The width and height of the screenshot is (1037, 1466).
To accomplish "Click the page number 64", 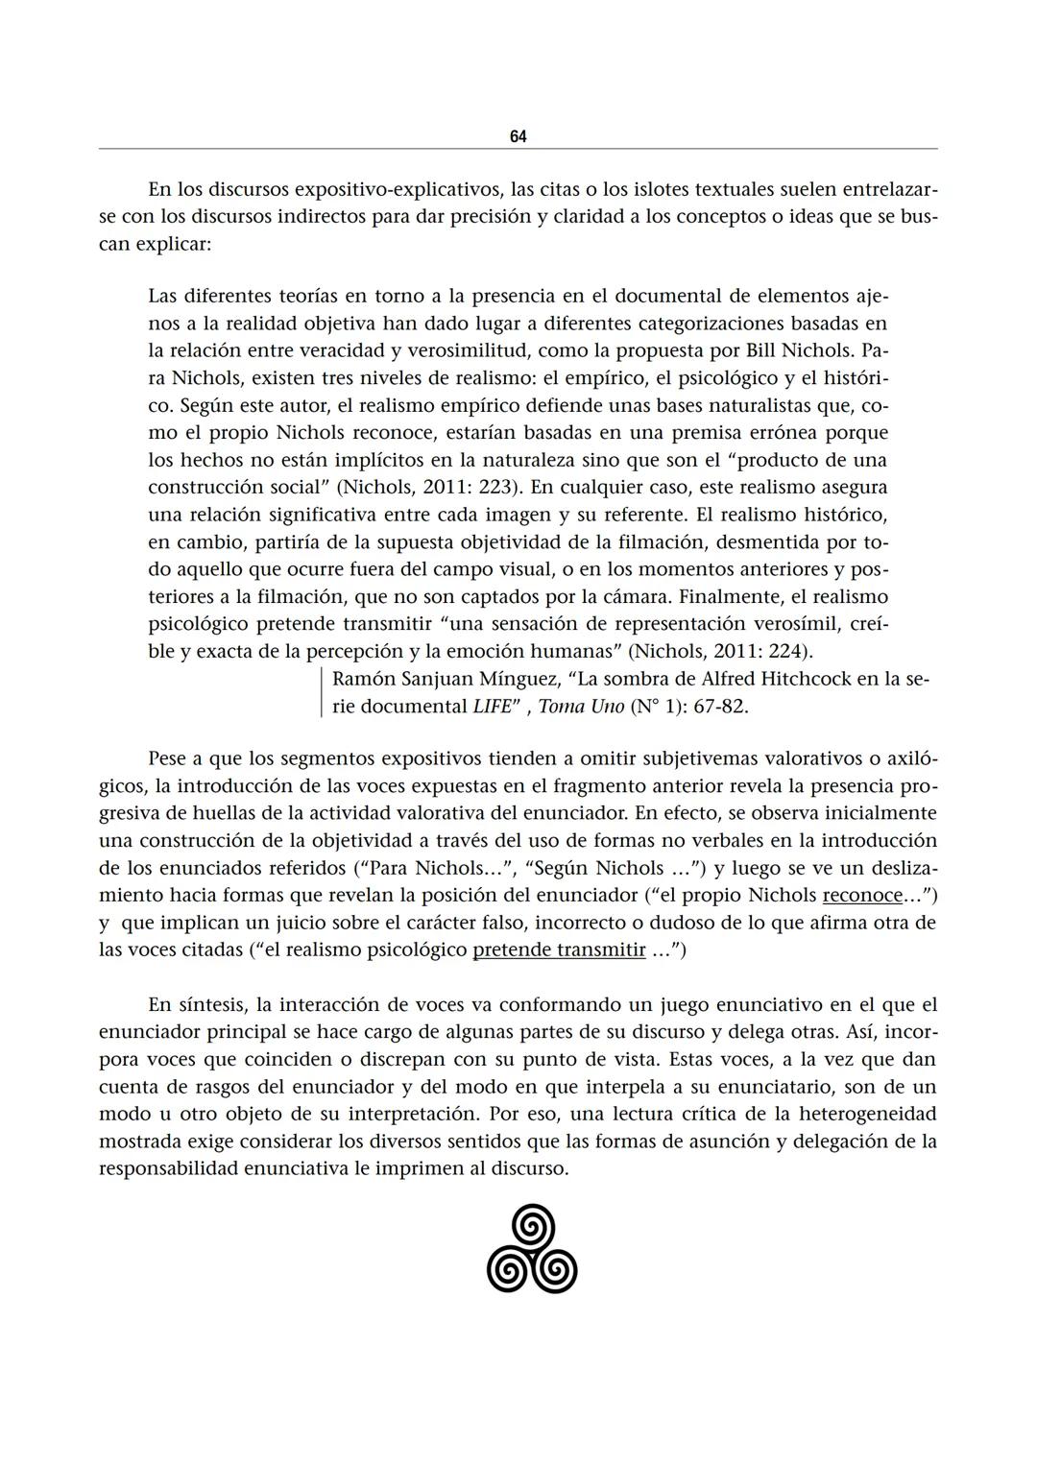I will pyautogui.click(x=518, y=136).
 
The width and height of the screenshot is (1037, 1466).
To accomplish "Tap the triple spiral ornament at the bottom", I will pyautogui.click(x=532, y=1248).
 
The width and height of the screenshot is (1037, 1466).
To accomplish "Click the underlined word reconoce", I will pyautogui.click(x=862, y=896).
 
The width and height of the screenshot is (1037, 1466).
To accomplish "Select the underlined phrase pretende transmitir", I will pyautogui.click(x=560, y=950).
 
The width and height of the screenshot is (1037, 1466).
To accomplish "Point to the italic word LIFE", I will pyautogui.click(x=492, y=707).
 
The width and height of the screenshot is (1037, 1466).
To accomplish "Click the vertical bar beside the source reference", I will pyautogui.click(x=321, y=693).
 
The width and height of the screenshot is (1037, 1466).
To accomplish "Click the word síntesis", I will pyautogui.click(x=217, y=1006).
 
